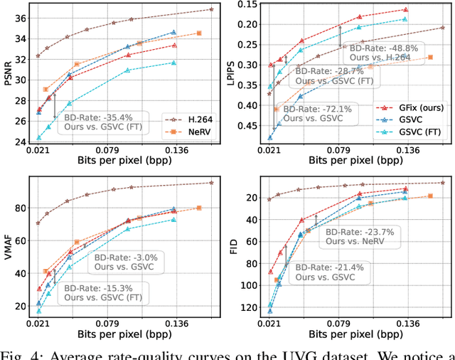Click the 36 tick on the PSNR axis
[21, 17]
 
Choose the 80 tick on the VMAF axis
[21, 208]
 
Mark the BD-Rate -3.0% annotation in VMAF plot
[127, 261]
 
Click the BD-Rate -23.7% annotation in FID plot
[358, 236]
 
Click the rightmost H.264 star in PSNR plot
[211, 9]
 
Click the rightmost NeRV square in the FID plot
[430, 196]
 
